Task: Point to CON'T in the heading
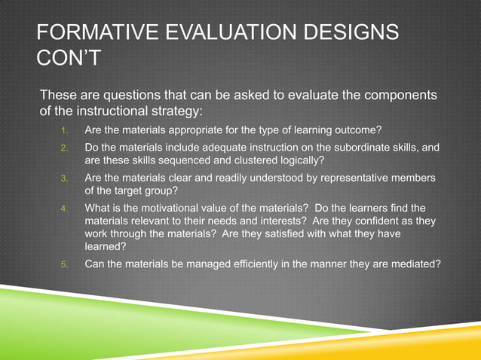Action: pyautogui.click(x=69, y=58)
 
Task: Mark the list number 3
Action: pyautogui.click(x=65, y=178)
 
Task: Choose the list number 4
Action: pyautogui.click(x=65, y=208)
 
